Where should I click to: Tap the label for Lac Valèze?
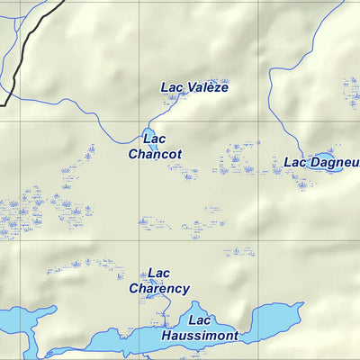(x=194, y=87)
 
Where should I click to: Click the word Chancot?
(x=155, y=154)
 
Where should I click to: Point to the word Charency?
(x=159, y=289)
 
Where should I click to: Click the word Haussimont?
(x=200, y=336)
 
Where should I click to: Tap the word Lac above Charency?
(x=158, y=274)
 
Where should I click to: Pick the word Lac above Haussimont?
(x=199, y=320)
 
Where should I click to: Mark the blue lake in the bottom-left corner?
(x=18, y=321)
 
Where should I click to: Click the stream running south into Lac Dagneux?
(x=271, y=99)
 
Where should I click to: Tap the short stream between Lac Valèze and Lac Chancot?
(x=157, y=115)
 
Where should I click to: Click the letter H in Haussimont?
(x=167, y=336)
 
